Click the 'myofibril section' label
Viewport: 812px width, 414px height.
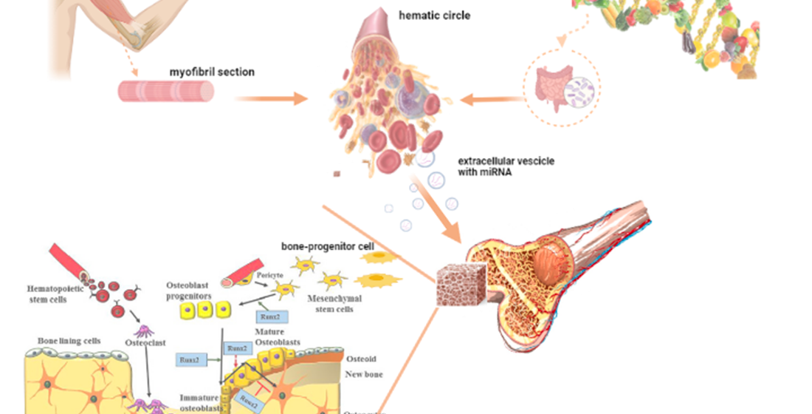(x=212, y=72)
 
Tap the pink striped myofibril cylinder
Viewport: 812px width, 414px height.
(x=167, y=91)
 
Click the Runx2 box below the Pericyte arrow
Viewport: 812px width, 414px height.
(x=268, y=316)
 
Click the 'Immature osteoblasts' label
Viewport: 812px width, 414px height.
(x=201, y=403)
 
